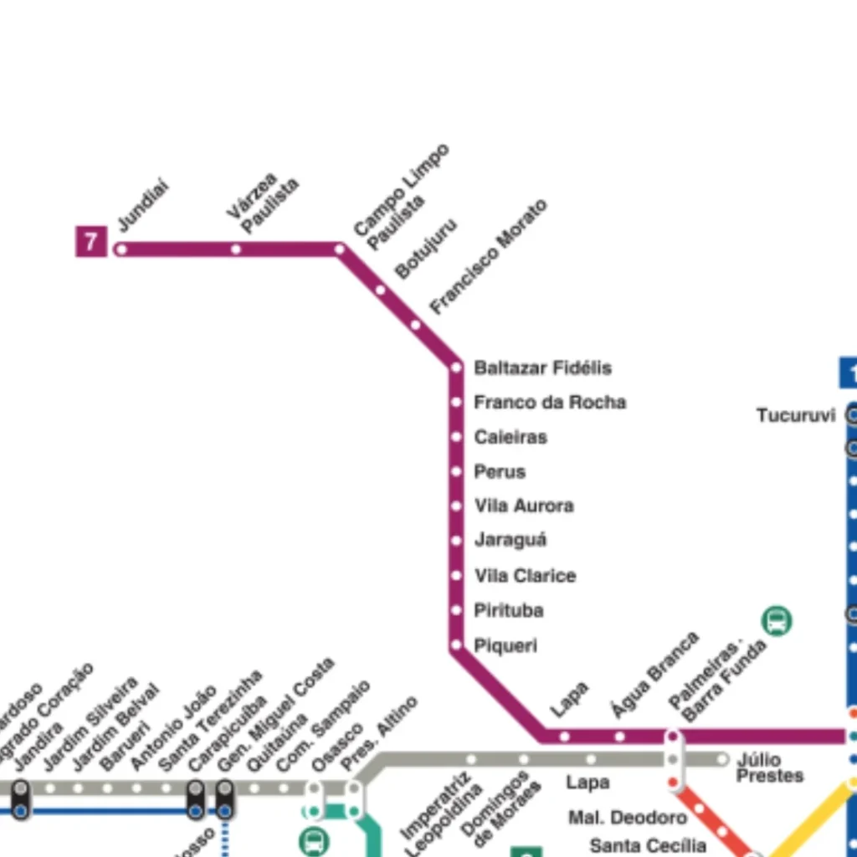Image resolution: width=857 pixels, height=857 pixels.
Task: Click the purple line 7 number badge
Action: coord(91,242)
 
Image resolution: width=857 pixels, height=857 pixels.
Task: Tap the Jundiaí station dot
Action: coord(121,249)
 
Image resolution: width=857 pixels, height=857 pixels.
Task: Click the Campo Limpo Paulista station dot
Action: coord(340,249)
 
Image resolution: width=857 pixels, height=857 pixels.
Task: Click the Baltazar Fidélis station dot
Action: coord(456,367)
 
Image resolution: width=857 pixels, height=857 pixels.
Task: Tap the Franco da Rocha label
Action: coord(550,403)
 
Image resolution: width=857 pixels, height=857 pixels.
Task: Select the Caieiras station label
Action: coord(511,437)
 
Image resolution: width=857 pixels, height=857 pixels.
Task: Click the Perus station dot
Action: coord(456,472)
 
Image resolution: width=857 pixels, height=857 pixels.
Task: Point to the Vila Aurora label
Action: coord(524,506)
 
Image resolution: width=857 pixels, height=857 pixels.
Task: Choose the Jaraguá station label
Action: coord(511,541)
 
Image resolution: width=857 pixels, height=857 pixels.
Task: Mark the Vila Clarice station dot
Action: coord(456,576)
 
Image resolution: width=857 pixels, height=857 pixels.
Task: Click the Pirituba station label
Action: coord(509,611)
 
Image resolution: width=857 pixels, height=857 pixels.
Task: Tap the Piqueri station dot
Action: coord(456,645)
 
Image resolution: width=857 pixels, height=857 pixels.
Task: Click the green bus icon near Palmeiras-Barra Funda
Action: coord(777,621)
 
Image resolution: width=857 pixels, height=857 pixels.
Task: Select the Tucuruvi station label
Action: coord(796,415)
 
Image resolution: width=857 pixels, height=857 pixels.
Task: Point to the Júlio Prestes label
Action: coord(768,767)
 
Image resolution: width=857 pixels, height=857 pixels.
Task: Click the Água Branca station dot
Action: coord(619,736)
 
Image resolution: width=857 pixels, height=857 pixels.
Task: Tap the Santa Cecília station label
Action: coord(648,845)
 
